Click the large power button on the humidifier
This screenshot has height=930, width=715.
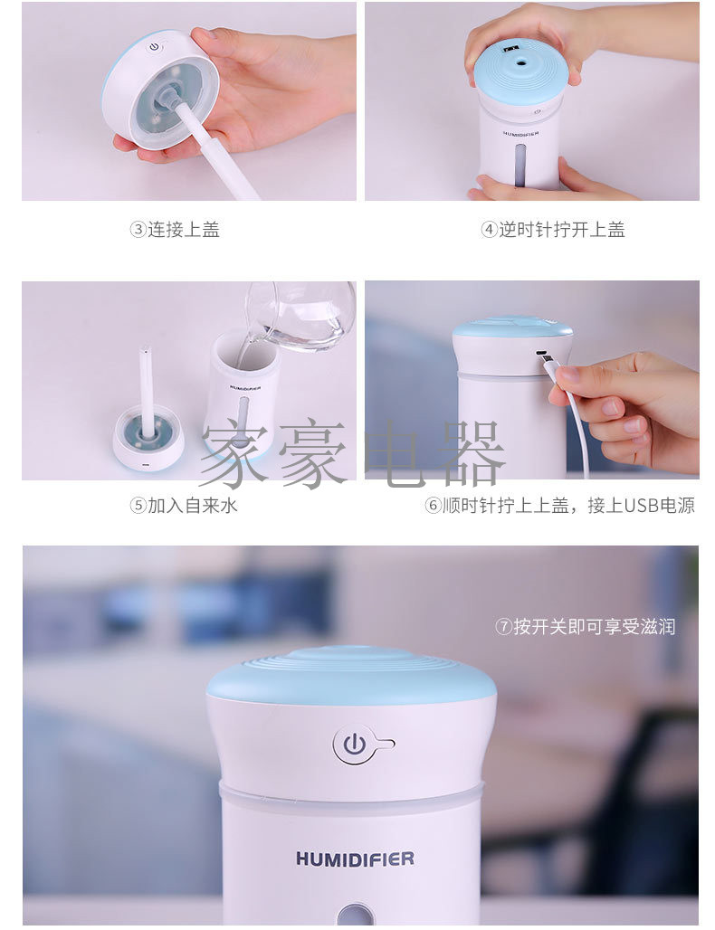coord(354,744)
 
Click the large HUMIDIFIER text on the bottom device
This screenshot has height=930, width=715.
coord(355,859)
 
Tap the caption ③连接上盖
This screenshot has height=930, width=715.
coord(175,230)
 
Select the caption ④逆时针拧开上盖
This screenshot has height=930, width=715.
coord(552,230)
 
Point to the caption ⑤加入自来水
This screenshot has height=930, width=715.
coord(184,506)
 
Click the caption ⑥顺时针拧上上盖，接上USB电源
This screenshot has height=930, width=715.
coord(559,506)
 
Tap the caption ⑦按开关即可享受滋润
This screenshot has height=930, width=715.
coord(585,626)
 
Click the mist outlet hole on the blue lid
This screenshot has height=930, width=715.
coord(522,61)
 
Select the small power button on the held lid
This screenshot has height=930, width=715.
coord(155,47)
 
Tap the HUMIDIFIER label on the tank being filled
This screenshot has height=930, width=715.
coord(245,387)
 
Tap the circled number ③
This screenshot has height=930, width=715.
coord(138,230)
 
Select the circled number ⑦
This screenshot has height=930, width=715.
coord(504,626)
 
